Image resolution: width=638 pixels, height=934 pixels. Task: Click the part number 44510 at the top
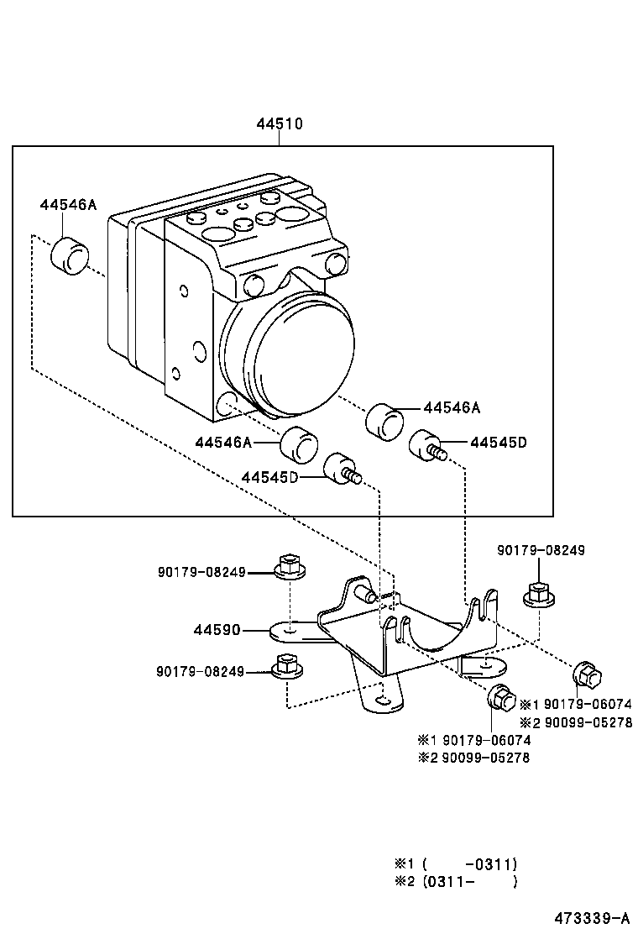coord(279,124)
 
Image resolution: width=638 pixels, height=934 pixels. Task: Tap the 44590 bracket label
coord(217,629)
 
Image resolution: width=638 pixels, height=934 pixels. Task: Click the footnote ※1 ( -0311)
coord(455,863)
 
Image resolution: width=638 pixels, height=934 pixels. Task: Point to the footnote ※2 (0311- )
coord(455,882)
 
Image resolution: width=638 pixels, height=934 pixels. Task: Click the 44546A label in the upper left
coord(68,205)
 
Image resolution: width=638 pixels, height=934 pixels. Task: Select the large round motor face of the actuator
coord(298,353)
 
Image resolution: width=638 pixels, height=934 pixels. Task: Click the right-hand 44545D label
coord(498,443)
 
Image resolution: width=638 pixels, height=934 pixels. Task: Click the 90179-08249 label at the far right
coord(541,550)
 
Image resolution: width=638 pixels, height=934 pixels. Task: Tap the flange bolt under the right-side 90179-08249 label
coord(538,594)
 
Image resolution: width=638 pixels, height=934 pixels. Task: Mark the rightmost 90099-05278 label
coord(588,721)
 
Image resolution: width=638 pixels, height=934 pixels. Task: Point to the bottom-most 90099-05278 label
coord(486,758)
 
